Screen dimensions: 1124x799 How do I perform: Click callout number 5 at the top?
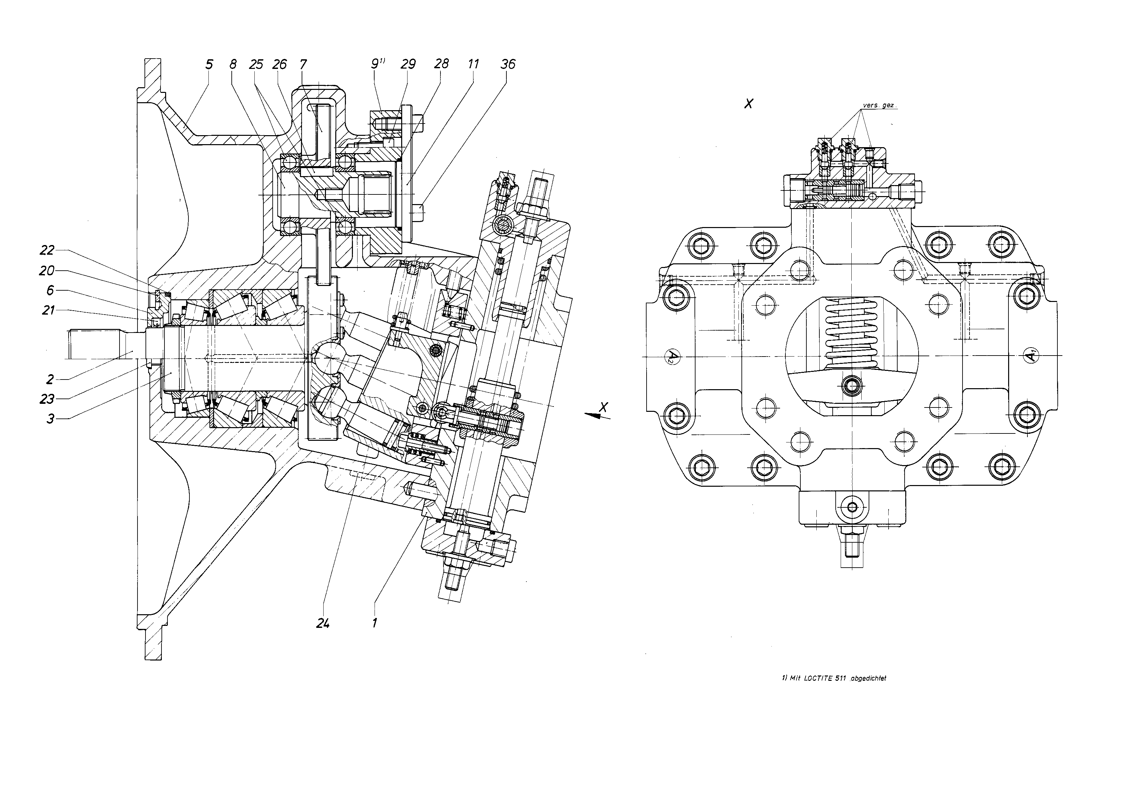pyautogui.click(x=209, y=65)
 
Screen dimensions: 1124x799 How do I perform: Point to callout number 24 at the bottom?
pyautogui.click(x=323, y=623)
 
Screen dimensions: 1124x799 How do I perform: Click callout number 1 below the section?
pyautogui.click(x=375, y=623)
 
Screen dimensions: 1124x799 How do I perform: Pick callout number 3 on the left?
pyautogui.click(x=50, y=419)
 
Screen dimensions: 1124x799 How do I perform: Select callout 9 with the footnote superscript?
pyautogui.click(x=378, y=64)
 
